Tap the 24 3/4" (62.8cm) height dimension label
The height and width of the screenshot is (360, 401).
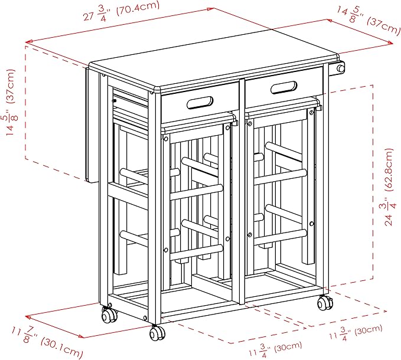coord(387,187)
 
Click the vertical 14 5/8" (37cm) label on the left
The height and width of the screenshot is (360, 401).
coord(11,102)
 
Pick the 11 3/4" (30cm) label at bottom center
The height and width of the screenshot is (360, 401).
coord(275,349)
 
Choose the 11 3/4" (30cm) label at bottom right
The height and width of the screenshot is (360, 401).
coord(356,332)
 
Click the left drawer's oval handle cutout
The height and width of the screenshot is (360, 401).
coord(200,103)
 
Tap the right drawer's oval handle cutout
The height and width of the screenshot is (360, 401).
coord(284,87)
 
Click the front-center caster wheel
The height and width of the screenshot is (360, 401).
coord(157,332)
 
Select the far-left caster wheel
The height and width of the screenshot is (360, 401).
coord(109,315)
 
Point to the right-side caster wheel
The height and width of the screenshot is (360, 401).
coord(325,303)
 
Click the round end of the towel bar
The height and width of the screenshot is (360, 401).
coord(341,68)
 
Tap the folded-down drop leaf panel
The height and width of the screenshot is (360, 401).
coord(92,125)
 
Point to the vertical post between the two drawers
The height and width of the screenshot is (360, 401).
coord(243,192)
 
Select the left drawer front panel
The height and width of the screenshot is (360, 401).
coord(200,103)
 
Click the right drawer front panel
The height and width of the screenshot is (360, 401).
coord(284,87)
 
